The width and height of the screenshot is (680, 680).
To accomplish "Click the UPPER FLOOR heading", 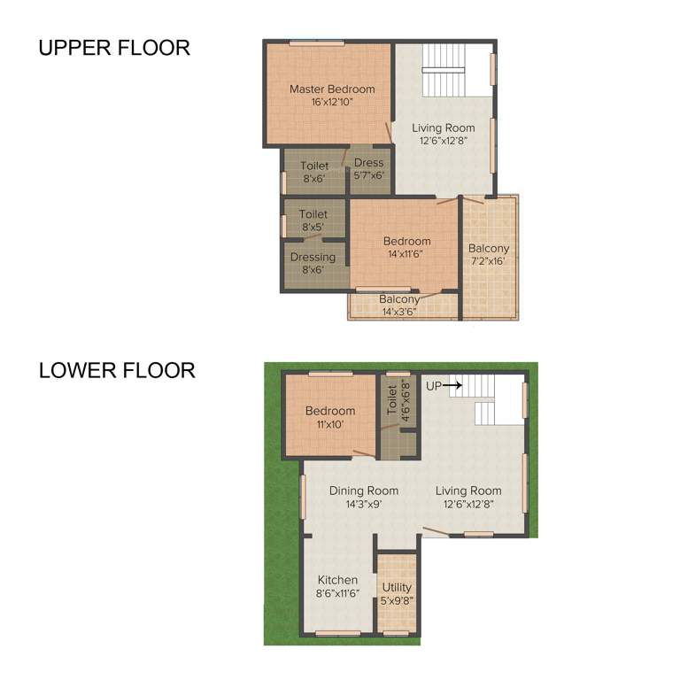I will tap(114, 48).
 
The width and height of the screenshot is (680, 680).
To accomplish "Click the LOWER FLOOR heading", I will tap(117, 370).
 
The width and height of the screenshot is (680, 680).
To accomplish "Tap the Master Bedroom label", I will tap(332, 89).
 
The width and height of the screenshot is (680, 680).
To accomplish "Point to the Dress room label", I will tap(368, 163).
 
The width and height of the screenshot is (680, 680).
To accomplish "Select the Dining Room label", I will tap(364, 491).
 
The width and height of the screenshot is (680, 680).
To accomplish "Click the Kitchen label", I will tap(337, 580).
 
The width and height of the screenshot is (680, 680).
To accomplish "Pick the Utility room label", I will tap(397, 587).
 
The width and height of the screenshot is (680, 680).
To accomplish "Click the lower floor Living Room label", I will tap(468, 491).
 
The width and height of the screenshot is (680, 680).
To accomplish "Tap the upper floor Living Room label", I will tap(444, 127).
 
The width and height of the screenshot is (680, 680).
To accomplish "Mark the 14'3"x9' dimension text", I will tap(364, 505).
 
